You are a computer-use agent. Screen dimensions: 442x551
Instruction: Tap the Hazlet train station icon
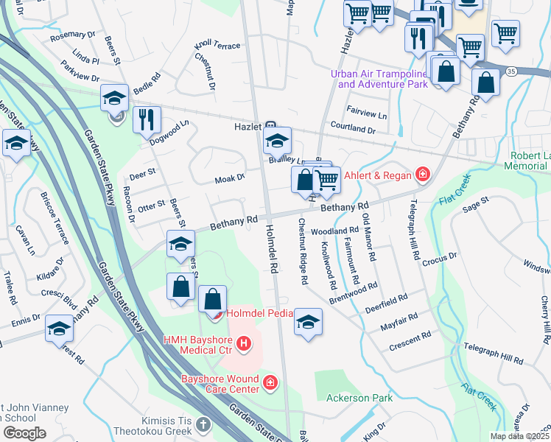270,126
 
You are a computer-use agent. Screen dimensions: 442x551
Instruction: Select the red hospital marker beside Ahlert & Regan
422,175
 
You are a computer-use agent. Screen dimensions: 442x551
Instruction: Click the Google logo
24,432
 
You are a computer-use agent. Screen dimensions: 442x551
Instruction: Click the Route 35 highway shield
510,71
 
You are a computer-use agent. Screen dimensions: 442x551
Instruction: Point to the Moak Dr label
229,179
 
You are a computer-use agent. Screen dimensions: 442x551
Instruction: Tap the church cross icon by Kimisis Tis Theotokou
202,425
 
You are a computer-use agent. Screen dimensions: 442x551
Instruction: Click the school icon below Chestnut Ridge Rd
308,321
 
